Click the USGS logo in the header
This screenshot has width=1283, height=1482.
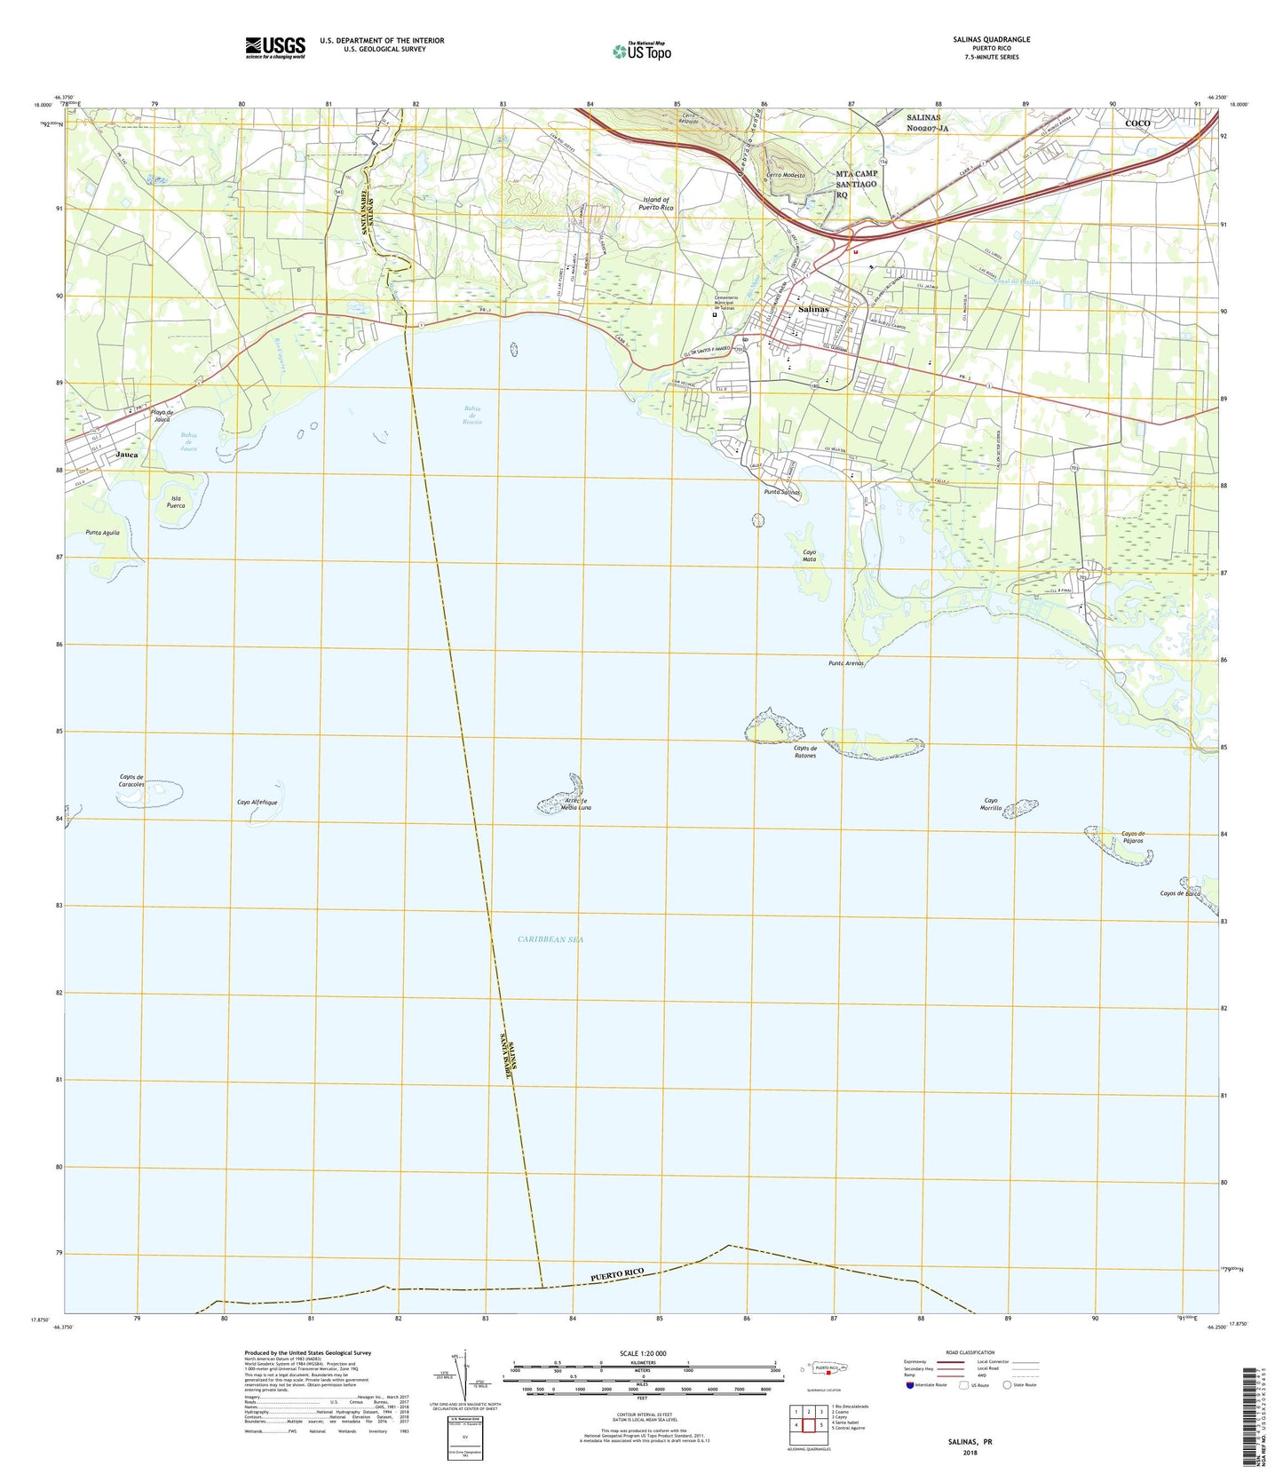(x=275, y=47)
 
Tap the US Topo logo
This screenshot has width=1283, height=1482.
(x=642, y=52)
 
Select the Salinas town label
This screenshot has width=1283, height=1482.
(x=813, y=309)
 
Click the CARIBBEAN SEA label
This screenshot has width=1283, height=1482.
(x=550, y=939)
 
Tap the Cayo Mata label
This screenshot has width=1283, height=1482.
(x=809, y=556)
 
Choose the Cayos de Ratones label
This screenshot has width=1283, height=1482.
(x=804, y=752)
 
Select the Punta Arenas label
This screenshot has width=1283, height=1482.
(x=846, y=663)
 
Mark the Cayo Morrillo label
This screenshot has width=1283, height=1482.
(x=991, y=804)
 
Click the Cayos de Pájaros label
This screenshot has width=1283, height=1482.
(x=1132, y=837)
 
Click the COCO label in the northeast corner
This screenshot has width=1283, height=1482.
(x=1137, y=123)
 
